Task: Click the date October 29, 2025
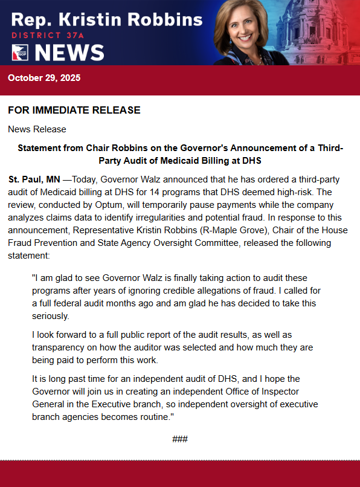44,78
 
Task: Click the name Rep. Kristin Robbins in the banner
107,19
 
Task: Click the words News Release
37,129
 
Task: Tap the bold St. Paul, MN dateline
34,180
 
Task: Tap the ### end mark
180,439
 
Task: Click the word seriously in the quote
51,317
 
